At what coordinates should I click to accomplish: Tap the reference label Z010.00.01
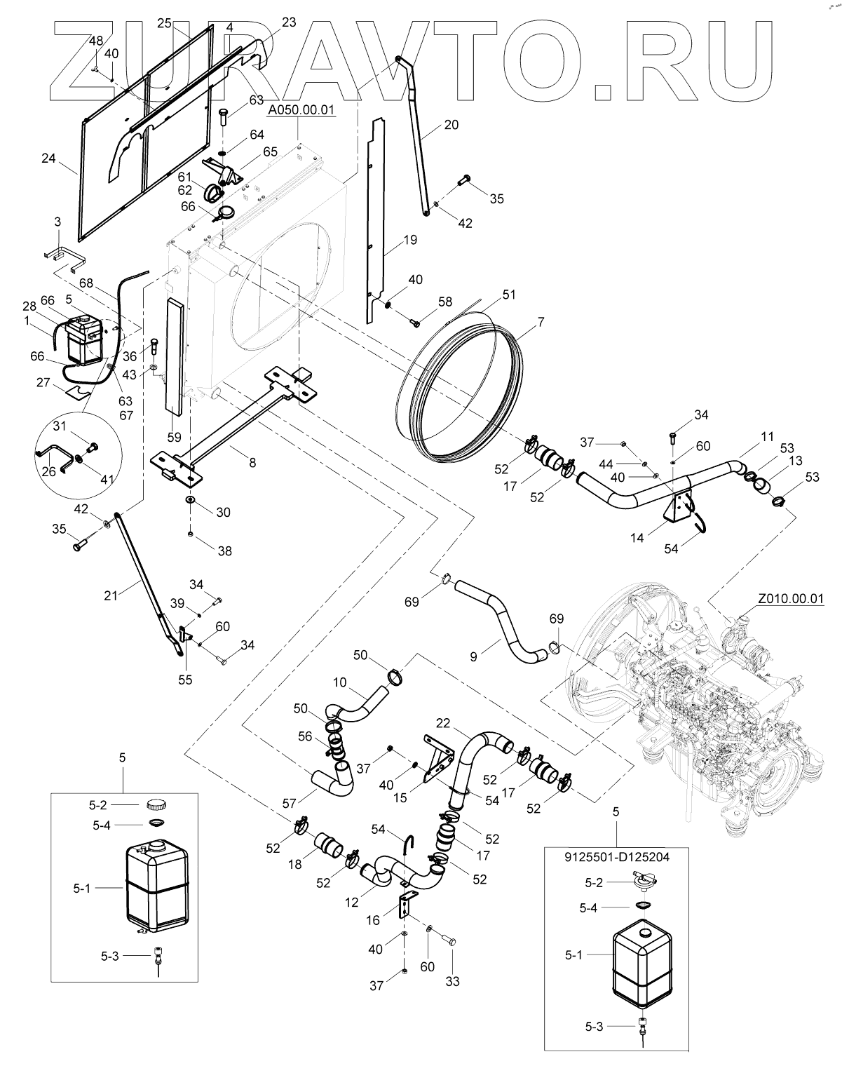click(790, 600)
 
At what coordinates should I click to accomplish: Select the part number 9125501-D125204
click(617, 856)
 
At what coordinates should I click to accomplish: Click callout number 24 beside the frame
click(48, 158)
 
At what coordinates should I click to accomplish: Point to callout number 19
click(410, 240)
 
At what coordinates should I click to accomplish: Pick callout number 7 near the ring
click(541, 323)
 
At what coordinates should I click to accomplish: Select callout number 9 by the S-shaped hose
click(473, 657)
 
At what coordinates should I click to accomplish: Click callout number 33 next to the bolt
click(452, 982)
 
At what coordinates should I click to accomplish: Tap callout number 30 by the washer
click(223, 513)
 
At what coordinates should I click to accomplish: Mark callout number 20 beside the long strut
click(451, 125)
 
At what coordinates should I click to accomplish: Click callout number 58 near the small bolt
click(446, 302)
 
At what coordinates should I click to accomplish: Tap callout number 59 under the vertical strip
click(174, 437)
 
